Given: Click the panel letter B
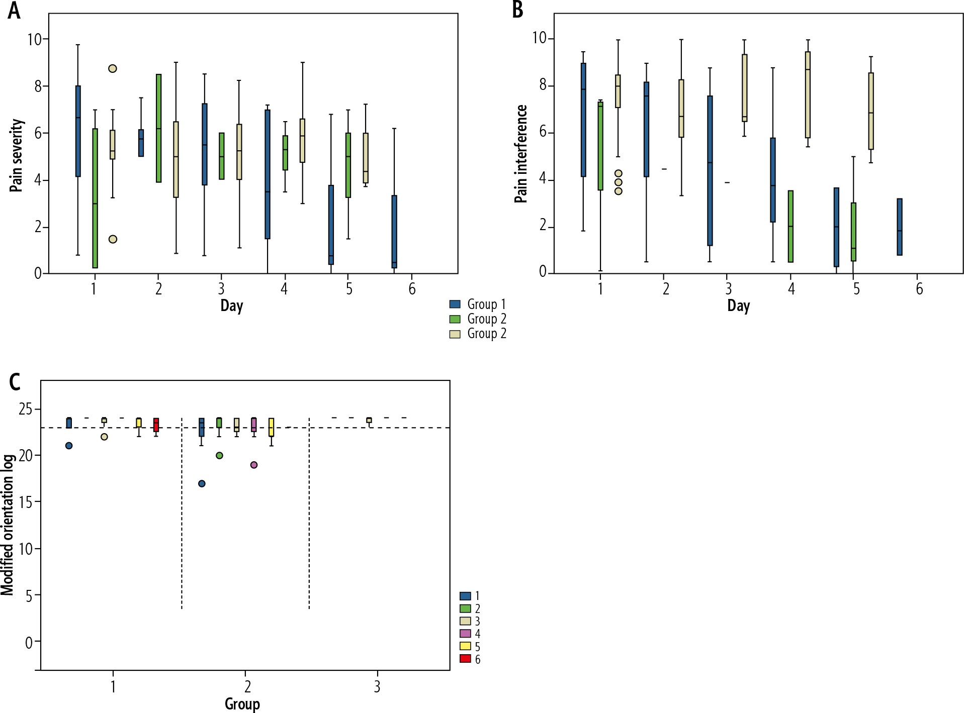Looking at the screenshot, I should pyautogui.click(x=517, y=10).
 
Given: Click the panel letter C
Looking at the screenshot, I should pyautogui.click(x=15, y=382).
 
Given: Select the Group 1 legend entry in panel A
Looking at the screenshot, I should pyautogui.click(x=477, y=304).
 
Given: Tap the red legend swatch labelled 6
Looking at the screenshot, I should pyautogui.click(x=465, y=659).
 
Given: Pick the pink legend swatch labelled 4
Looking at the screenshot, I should pyautogui.click(x=465, y=634).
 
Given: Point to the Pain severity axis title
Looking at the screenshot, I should pyautogui.click(x=17, y=155).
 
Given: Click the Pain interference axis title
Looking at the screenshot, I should pyautogui.click(x=521, y=154).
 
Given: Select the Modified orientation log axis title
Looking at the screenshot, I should pyautogui.click(x=8, y=525).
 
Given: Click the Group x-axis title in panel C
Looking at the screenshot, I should pyautogui.click(x=242, y=704).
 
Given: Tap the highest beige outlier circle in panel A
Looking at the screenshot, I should pyautogui.click(x=113, y=68).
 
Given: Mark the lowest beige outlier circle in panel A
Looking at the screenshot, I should pyautogui.click(x=113, y=239).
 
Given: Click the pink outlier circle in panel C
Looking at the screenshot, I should pyautogui.click(x=254, y=465).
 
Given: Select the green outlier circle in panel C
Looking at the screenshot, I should pyautogui.click(x=219, y=455).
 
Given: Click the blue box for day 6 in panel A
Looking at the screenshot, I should pyautogui.click(x=394, y=232).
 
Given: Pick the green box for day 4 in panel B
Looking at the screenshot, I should pyautogui.click(x=791, y=226).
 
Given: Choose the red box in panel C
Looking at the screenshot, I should pyautogui.click(x=156, y=425).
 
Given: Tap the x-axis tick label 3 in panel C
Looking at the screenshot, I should pyautogui.click(x=377, y=686).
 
